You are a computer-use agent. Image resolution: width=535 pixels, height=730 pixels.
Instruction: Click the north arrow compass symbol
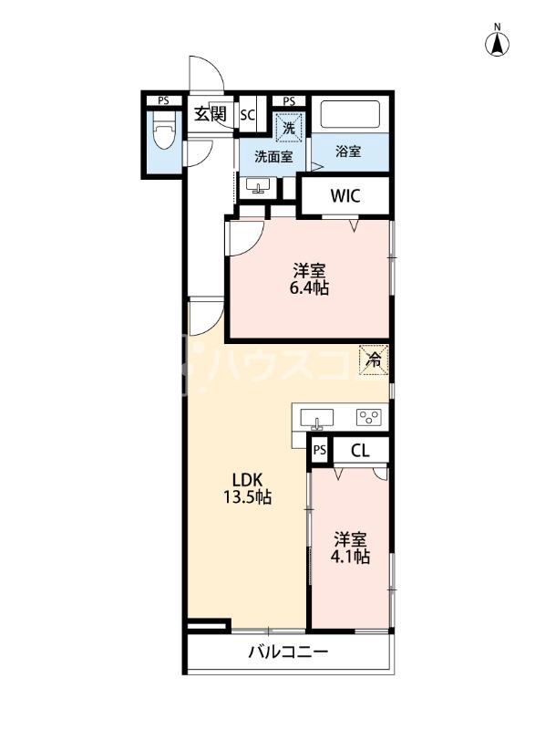[497, 43]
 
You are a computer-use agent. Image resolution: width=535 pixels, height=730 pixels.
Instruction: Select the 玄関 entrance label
[211, 113]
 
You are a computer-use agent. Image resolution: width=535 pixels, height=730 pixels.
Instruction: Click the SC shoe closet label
[248, 115]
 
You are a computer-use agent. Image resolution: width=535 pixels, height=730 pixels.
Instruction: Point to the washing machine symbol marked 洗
[289, 127]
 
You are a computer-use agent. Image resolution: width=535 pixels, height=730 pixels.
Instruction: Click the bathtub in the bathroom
[350, 115]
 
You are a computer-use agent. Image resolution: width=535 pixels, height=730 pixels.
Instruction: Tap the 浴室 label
[348, 151]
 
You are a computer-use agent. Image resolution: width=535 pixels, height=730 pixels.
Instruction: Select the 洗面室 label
[273, 157]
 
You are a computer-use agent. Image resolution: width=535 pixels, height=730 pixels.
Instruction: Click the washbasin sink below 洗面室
[259, 187]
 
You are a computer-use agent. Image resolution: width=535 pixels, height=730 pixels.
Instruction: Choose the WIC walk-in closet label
[345, 196]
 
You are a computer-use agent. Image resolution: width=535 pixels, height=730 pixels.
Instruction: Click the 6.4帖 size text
[309, 288]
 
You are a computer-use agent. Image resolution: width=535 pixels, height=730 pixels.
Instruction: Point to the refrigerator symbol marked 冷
[374, 359]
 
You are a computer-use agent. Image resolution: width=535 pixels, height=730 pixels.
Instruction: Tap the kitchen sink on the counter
[317, 418]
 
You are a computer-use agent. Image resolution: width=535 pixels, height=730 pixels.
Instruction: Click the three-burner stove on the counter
[369, 417]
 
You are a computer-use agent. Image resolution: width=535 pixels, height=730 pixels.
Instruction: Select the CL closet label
[360, 451]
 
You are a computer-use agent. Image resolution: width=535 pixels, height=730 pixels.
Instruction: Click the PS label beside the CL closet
[319, 450]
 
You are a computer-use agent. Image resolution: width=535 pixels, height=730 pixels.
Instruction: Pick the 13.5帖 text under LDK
[248, 497]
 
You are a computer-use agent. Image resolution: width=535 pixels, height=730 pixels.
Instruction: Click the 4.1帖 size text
[350, 557]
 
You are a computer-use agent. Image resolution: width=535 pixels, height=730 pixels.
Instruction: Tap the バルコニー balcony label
[288, 652]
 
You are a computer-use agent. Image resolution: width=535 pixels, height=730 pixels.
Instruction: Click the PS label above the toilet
[163, 100]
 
